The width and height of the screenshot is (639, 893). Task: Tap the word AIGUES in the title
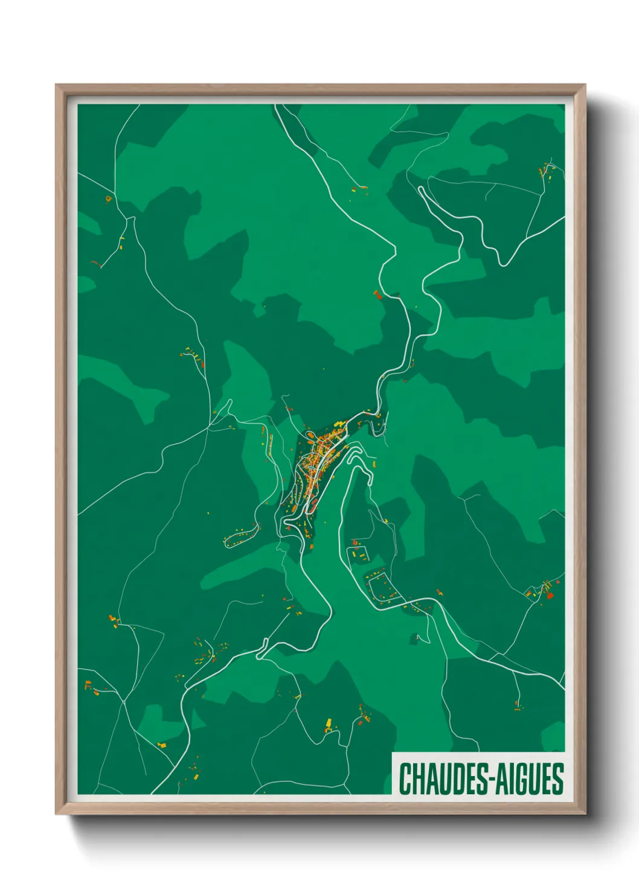pyautogui.click(x=531, y=779)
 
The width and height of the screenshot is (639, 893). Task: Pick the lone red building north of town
pyautogui.click(x=377, y=294)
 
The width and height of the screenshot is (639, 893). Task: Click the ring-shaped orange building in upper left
pyautogui.click(x=109, y=199)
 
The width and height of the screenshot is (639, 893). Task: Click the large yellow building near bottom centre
pyautogui.click(x=329, y=723)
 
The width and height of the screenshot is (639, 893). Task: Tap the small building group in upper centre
pyautogui.click(x=360, y=189)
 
